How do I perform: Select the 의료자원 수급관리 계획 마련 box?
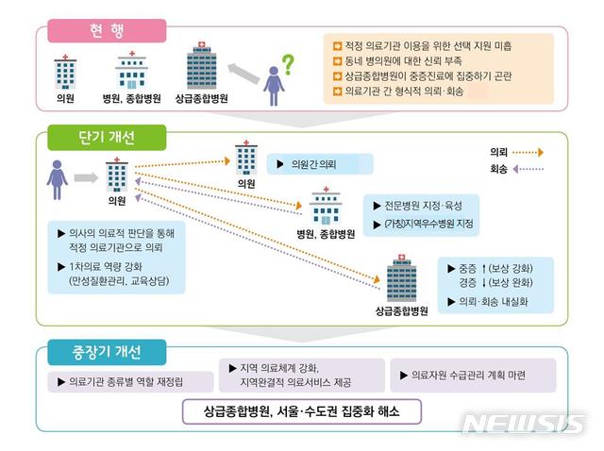coord(477,375)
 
